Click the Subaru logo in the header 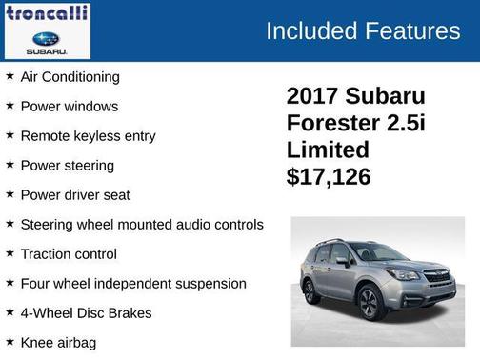coord(46,41)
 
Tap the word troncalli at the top coord(47,13)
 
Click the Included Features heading coord(363,30)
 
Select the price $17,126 coord(329,177)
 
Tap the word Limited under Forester coord(328,150)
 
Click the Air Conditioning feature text coord(70,76)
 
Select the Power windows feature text coord(69,106)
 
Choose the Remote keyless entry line coord(88,135)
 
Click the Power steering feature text coord(67,165)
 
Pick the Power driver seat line coord(75,194)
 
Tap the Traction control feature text coord(69,253)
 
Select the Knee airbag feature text coord(58,342)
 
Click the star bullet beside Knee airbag coord(10,341)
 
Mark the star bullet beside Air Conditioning coord(10,75)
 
